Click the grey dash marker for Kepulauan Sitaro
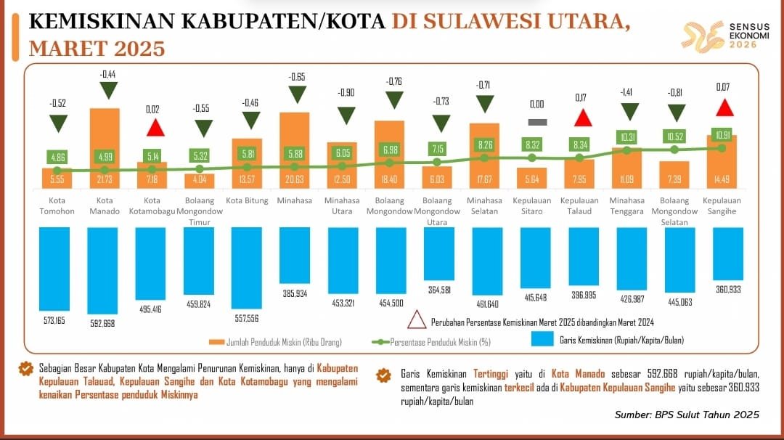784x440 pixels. (x=538, y=122)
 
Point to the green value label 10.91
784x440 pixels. (x=722, y=134)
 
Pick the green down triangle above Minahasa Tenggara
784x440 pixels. (x=629, y=111)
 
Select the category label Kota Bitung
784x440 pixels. (x=247, y=200)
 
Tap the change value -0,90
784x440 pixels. (x=346, y=92)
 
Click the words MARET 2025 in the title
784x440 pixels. (x=97, y=48)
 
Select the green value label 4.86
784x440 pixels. (x=57, y=156)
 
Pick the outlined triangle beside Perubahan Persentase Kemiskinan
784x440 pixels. (x=417, y=320)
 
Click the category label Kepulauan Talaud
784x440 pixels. (x=579, y=205)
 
